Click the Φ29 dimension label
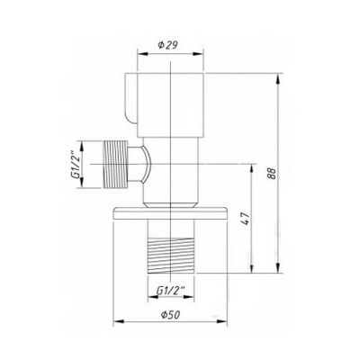(x=167, y=45)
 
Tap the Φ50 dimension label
(x=170, y=315)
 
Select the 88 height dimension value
(x=271, y=173)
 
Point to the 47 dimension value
(x=246, y=219)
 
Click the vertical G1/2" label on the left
(x=76, y=165)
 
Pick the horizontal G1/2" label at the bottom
(x=171, y=290)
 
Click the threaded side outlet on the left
(x=115, y=164)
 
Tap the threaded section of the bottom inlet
(x=171, y=256)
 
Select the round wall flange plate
(x=170, y=213)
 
